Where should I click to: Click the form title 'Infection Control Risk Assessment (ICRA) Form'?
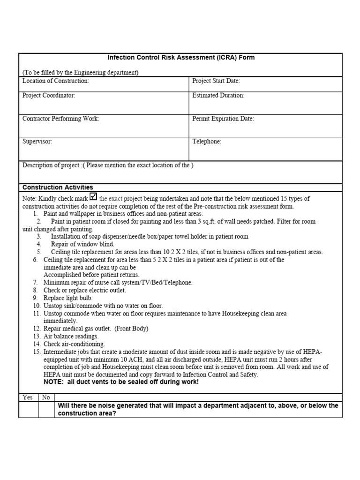tap(181, 58)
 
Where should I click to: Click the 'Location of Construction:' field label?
tap(56, 81)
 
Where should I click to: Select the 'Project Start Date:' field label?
tap(216, 81)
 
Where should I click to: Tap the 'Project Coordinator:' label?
tap(49, 95)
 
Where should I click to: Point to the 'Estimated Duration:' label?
tap(218, 95)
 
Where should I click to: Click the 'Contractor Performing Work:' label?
tap(61, 119)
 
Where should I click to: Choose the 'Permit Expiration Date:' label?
tap(223, 119)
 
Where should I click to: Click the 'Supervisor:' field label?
tap(37, 142)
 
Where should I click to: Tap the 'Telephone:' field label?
tap(207, 142)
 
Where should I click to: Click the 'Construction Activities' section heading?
tap(58, 187)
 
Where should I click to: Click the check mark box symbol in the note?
tap(93, 197)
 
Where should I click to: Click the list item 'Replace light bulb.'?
tap(68, 298)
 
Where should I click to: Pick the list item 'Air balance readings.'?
tap(71, 336)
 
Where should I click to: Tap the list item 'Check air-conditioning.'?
tap(74, 344)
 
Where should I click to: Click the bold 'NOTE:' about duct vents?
tap(52, 382)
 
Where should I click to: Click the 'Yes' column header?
tap(28, 397)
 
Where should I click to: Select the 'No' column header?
tap(46, 397)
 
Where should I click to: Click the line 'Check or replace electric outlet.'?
tap(84, 290)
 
